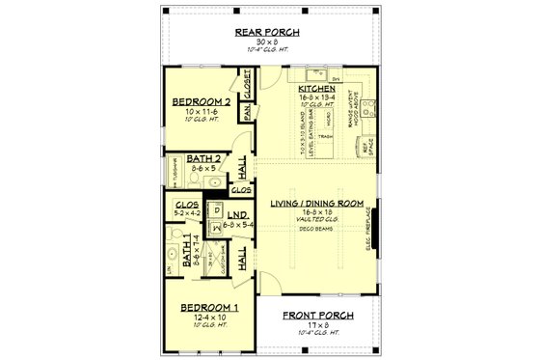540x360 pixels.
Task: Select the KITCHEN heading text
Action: click(x=314, y=89)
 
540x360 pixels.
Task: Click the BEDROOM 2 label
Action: click(x=201, y=100)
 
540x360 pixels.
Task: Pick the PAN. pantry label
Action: click(x=248, y=113)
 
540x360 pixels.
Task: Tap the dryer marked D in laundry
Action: click(x=217, y=209)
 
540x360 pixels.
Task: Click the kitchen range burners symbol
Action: click(x=370, y=97)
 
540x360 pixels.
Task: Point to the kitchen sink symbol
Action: click(x=314, y=73)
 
